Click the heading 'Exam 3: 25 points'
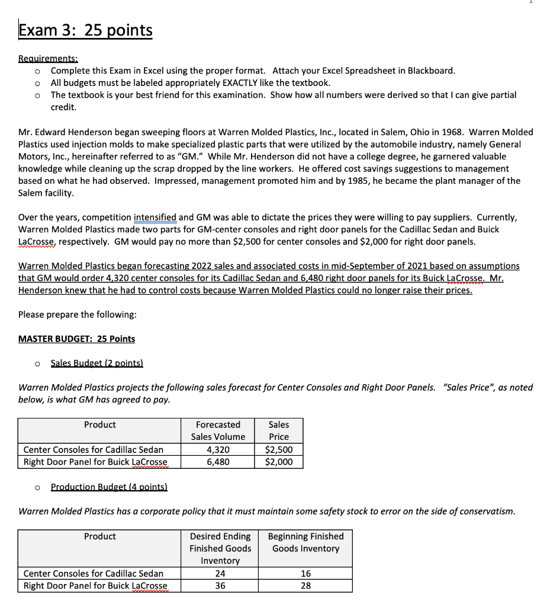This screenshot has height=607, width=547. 85,30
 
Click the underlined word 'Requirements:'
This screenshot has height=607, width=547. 49,59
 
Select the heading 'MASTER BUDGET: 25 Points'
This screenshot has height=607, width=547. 76,338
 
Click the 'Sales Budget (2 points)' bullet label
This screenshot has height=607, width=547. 97,362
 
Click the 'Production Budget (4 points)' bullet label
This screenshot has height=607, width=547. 109,487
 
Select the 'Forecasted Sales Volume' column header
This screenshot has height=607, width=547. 218,430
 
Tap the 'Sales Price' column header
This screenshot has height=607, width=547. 278,430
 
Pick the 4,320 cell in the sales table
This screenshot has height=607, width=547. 218,450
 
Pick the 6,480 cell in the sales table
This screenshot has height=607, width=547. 218,462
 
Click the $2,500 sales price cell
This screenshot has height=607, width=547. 278,450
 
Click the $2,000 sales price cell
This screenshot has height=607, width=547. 278,462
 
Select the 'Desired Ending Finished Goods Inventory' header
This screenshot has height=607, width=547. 220,548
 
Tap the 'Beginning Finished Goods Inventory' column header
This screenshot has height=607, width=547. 305,542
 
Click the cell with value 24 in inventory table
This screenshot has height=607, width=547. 220,573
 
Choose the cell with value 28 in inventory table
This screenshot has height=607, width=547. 305,585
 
